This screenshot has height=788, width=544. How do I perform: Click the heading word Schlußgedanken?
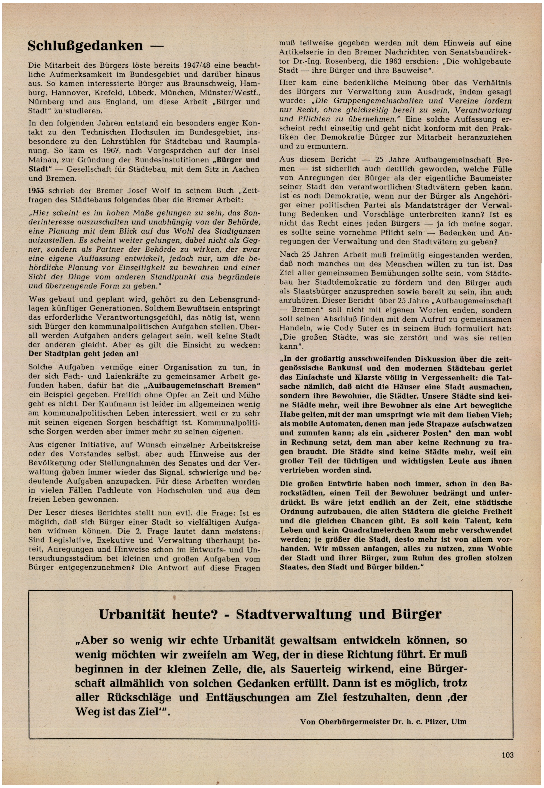[x=85, y=46]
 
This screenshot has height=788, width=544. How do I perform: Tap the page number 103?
[x=507, y=755]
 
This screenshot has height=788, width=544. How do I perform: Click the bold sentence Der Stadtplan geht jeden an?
[x=83, y=354]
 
